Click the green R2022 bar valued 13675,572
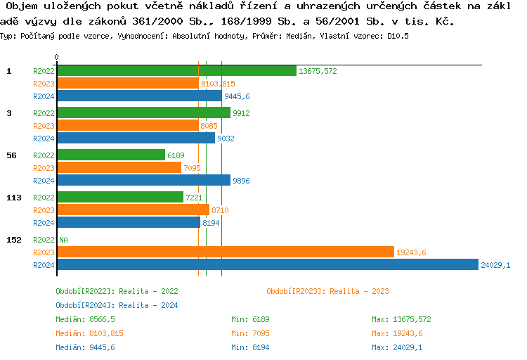pyautogui.click(x=176, y=71)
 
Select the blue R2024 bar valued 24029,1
pyautogui.click(x=267, y=265)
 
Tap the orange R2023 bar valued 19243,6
pyautogui.click(x=225, y=252)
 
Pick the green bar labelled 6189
pyautogui.click(x=110, y=155)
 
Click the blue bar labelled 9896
pyautogui.click(x=143, y=181)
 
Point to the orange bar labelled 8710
pyautogui.click(x=133, y=210)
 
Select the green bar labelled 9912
pyautogui.click(x=143, y=113)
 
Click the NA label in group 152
pyautogui.click(x=63, y=240)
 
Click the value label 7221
pyautogui.click(x=193, y=198)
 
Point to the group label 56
pyautogui.click(x=11, y=155)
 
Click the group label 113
pyautogui.click(x=14, y=198)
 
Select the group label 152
pyautogui.click(x=14, y=240)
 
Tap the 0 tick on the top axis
pyautogui.click(x=57, y=57)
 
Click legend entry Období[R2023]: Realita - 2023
pyautogui.click(x=327, y=291)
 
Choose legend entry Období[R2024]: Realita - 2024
pyautogui.click(x=117, y=305)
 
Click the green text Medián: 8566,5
pyautogui.click(x=85, y=319)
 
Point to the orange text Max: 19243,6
pyautogui.click(x=397, y=333)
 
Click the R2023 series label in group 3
pyautogui.click(x=44, y=126)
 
